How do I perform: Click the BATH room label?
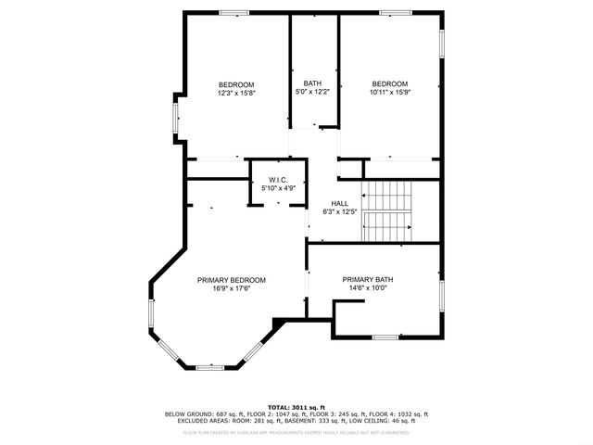tap(312, 83)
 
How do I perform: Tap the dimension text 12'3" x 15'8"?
tap(236, 93)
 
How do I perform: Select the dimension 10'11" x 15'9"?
tap(389, 93)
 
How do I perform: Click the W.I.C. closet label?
tap(278, 179)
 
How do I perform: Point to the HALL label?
tap(340, 203)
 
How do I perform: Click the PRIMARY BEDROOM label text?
tap(232, 280)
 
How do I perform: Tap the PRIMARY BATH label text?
tap(368, 280)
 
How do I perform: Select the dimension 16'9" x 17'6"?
tap(232, 288)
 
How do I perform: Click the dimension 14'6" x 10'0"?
tap(368, 288)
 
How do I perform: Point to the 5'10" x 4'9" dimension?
tap(278, 188)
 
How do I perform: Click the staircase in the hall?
tap(386, 210)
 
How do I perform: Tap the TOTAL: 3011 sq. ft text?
tap(296, 407)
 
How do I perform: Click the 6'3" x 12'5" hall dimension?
tap(340, 212)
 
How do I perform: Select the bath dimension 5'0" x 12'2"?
tap(312, 92)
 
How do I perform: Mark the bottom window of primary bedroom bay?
tap(210, 368)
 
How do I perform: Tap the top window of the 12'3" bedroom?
tap(233, 12)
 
